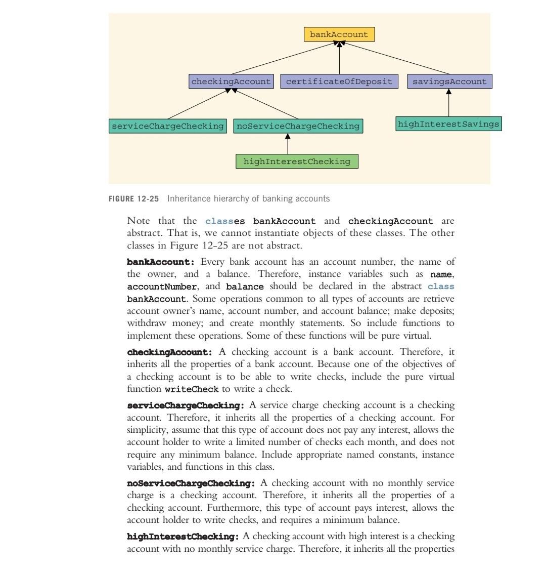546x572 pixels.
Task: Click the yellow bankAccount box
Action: click(339, 34)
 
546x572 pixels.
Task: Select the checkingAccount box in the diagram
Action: click(231, 81)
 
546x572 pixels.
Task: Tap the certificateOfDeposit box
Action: click(339, 81)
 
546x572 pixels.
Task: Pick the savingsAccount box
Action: click(449, 81)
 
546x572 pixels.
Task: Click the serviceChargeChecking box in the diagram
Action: click(167, 126)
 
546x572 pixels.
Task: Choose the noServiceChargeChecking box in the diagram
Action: click(298, 126)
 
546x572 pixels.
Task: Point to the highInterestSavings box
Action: click(448, 124)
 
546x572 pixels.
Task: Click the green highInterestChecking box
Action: click(297, 161)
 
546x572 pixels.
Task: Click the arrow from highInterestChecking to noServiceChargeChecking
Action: click(288, 144)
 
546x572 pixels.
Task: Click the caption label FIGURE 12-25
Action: click(134, 199)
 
